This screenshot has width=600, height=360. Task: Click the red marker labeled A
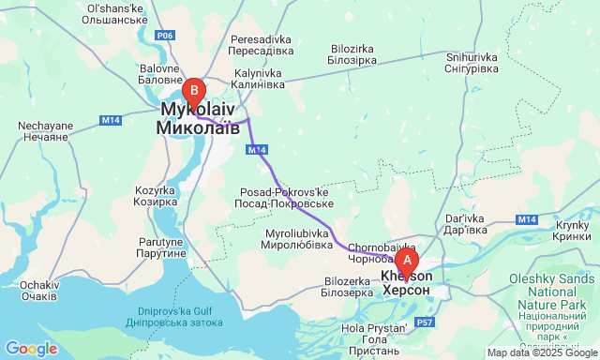407,260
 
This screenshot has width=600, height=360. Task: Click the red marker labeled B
194,91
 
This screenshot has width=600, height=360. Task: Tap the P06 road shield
166,36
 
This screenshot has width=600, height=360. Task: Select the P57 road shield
426,322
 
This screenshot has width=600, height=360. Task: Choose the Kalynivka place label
258,79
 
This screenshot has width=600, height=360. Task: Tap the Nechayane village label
44,130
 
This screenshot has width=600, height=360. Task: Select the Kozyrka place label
155,195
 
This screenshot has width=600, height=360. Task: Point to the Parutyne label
158,247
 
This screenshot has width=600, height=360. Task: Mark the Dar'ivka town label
466,222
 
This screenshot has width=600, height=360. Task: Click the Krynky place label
571,232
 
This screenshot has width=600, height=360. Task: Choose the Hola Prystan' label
374,334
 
